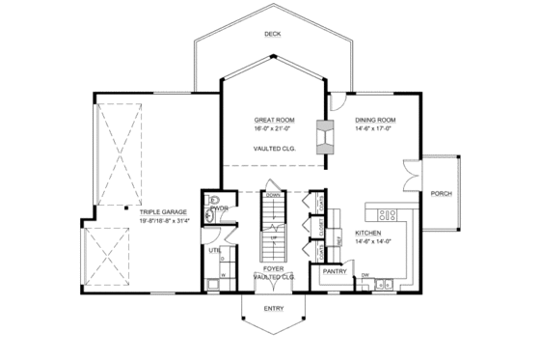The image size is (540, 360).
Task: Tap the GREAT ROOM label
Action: click(x=275, y=120)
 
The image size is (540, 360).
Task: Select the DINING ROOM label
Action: click(x=375, y=120)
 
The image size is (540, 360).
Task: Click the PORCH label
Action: click(x=442, y=192)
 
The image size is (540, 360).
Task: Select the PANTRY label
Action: click(x=335, y=272)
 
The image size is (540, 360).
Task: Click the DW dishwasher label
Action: click(x=365, y=275)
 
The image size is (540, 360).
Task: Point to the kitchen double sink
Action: click(x=386, y=284)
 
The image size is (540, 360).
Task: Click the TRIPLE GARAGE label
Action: click(x=160, y=211)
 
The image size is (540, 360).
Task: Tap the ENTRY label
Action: click(x=274, y=309)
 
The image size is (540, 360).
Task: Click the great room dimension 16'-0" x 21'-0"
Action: click(x=275, y=128)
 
